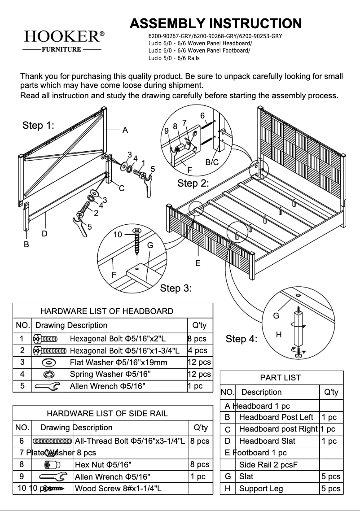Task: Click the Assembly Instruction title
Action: (x=215, y=23)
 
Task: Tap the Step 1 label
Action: (x=38, y=126)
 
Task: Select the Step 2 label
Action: (x=193, y=183)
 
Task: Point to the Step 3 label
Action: (x=176, y=288)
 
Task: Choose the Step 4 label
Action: (x=241, y=339)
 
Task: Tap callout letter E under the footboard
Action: (x=198, y=263)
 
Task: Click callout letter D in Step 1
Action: (x=44, y=233)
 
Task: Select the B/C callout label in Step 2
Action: (x=212, y=162)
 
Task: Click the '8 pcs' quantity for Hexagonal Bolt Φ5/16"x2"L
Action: (x=197, y=339)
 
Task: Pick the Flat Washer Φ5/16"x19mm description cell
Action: (x=119, y=363)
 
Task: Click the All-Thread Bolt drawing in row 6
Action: (x=52, y=441)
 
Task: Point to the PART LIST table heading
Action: (x=281, y=378)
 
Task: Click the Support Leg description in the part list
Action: (x=261, y=489)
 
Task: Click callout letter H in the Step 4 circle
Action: (x=279, y=335)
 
